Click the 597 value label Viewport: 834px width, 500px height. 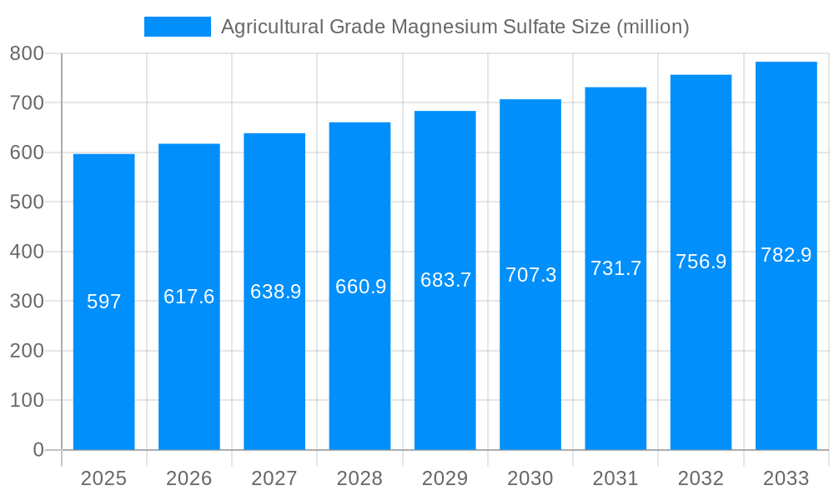coord(104,302)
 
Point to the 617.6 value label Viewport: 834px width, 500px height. coord(189,297)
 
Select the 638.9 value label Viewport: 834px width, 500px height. coord(275,292)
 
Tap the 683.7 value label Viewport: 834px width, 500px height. coord(445,280)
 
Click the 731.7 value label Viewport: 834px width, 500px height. coord(615,268)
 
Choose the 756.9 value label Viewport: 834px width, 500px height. coord(701,262)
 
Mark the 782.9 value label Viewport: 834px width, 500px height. coord(786,255)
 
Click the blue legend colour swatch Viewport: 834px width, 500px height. coord(178,27)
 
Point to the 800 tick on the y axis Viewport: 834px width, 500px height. coord(27,54)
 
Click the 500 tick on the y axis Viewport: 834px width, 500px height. coord(27,202)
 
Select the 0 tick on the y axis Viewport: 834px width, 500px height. coord(38,450)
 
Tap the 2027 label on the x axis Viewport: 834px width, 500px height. coord(274,478)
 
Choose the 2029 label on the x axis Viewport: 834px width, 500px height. coord(445,478)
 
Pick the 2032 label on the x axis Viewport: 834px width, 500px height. coord(701,478)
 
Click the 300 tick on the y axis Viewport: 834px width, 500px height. coord(27,301)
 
